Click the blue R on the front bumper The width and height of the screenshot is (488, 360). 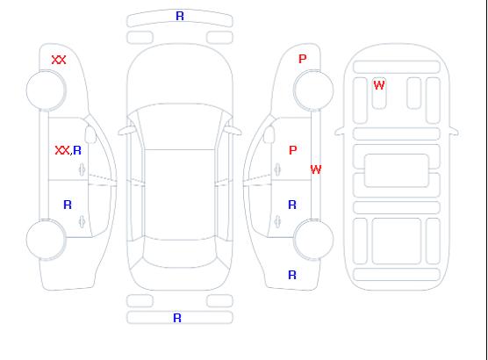180,16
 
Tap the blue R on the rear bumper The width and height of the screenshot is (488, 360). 177,318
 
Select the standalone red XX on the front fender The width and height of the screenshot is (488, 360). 59,60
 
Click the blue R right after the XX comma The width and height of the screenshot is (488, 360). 77,150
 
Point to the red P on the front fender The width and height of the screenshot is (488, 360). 303,59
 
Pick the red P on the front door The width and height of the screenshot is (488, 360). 293,150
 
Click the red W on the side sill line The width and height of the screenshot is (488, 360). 316,169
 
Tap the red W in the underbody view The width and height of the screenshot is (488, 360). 379,85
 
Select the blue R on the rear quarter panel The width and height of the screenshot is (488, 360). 292,275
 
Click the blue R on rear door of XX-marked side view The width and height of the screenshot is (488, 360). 68,205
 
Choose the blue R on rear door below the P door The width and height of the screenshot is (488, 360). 292,205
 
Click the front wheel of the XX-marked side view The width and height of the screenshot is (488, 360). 46,90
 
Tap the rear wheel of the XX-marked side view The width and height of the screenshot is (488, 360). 46,240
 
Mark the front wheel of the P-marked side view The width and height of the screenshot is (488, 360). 313,90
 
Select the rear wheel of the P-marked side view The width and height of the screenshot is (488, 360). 313,240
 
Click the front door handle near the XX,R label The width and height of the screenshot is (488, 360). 83,169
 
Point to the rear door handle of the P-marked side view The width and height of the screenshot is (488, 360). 277,221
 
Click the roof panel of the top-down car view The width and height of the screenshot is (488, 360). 180,195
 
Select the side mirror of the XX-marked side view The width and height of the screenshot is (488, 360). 91,134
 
